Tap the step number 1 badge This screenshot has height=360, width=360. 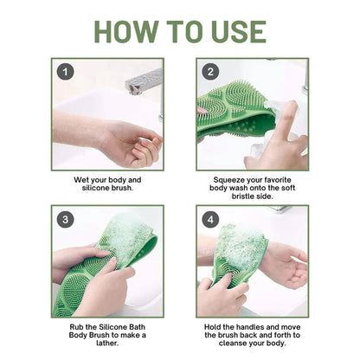(x=62, y=72)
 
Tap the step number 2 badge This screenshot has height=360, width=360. (x=209, y=72)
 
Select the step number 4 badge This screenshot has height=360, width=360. (x=209, y=219)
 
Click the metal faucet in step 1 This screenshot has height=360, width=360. (x=146, y=84)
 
